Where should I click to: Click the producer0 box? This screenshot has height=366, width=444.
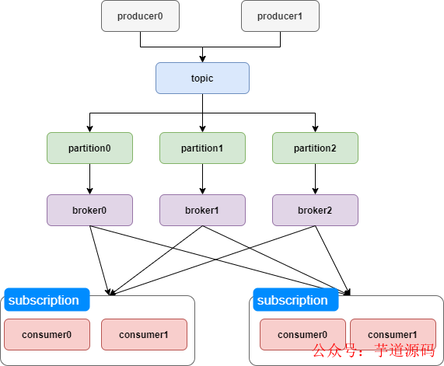(x=140, y=16)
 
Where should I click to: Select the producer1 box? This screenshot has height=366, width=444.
(x=280, y=16)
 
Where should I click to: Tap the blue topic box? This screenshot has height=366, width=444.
(x=202, y=78)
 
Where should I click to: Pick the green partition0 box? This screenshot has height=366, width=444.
(x=89, y=148)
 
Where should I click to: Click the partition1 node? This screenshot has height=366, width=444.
(x=202, y=148)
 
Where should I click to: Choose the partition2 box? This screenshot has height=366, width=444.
(x=315, y=148)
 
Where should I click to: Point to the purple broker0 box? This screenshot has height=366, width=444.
(x=89, y=210)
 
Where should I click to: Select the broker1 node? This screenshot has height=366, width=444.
(x=202, y=210)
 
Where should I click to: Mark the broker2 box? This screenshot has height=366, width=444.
(x=315, y=210)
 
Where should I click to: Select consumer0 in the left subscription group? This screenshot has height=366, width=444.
(x=47, y=335)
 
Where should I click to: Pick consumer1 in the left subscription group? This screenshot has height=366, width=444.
(x=144, y=335)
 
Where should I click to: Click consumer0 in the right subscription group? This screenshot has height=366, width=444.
(x=302, y=335)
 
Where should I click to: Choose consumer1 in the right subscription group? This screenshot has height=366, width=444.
(x=393, y=335)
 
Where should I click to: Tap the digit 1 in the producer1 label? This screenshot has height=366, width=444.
(x=300, y=16)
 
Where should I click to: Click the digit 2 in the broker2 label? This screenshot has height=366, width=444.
(x=330, y=211)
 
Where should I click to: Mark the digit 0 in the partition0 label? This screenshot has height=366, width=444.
(x=108, y=148)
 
